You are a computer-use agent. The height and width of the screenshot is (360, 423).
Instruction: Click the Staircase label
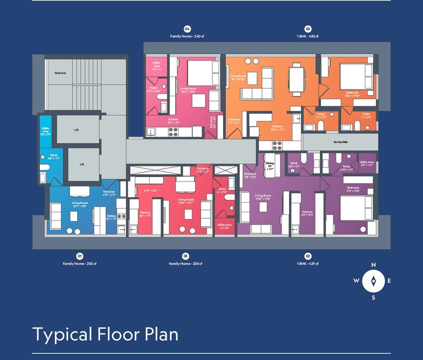pos(61,73)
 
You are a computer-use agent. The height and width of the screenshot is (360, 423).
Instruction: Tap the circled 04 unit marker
pos(188,29)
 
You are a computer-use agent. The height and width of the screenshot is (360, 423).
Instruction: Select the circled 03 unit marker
pos(308,29)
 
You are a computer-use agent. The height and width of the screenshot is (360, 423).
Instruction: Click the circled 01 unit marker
pos(80,256)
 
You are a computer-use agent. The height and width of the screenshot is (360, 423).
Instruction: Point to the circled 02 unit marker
pos(308,256)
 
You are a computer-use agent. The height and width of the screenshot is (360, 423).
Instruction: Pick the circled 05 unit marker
pos(186,256)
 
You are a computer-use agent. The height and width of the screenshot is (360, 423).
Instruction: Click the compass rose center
pos(373,281)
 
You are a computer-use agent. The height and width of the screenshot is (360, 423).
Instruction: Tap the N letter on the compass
pos(374,265)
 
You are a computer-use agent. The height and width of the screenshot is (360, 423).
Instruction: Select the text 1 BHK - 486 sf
pos(308,36)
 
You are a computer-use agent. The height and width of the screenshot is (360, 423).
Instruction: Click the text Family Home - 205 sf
pos(80,264)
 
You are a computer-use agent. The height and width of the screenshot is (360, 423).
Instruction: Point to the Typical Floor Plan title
pos(105,334)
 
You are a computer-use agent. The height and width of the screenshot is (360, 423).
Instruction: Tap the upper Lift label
pos(76,129)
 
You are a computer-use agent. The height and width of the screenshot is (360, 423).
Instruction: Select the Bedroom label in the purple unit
pos(353,188)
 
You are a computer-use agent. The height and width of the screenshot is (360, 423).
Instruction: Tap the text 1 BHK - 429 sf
pos(308,264)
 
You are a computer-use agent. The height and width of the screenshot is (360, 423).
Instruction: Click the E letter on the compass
pos(389,281)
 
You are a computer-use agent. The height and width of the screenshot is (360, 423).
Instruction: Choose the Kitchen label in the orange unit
pos(277,127)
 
